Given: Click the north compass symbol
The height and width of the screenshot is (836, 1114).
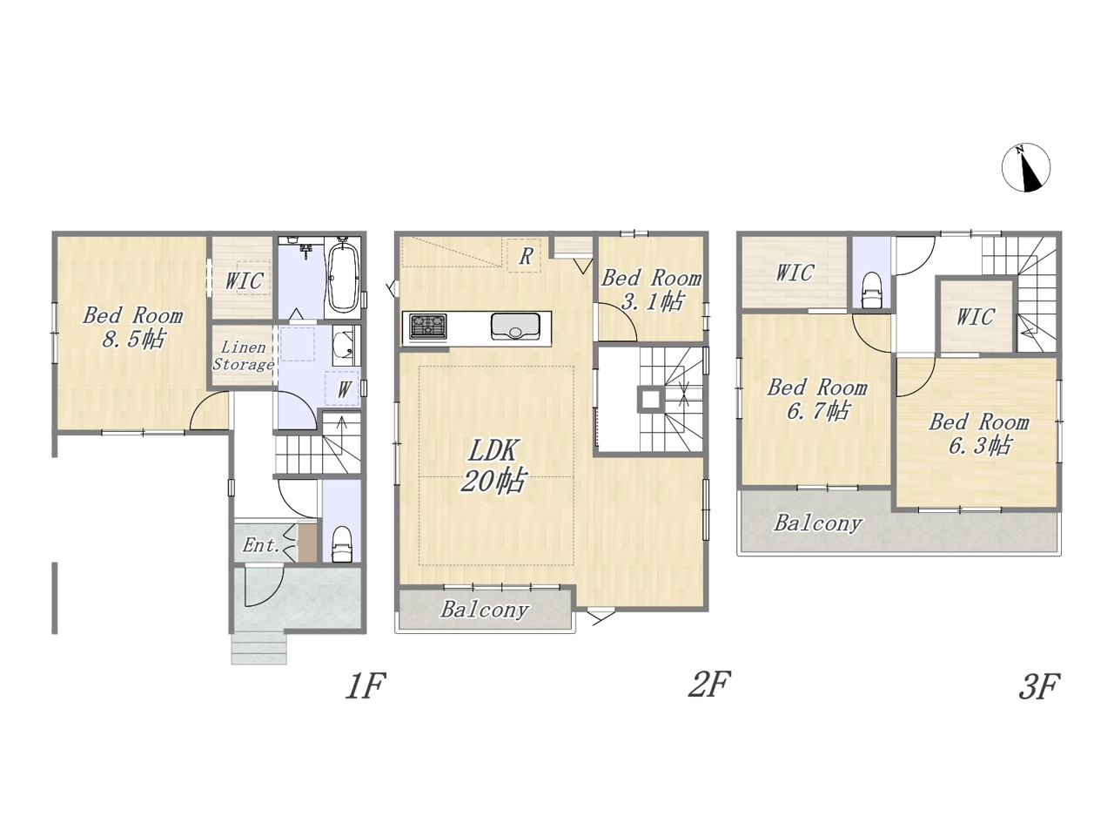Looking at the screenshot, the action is pyautogui.click(x=1026, y=167).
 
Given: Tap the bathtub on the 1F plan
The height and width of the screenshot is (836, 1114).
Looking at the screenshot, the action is pyautogui.click(x=345, y=276).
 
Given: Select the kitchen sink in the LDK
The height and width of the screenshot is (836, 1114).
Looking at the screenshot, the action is pyautogui.click(x=514, y=327).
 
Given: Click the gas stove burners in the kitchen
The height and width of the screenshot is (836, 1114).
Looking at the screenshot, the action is pyautogui.click(x=428, y=327).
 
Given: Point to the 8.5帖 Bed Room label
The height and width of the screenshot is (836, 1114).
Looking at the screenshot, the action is pyautogui.click(x=132, y=327).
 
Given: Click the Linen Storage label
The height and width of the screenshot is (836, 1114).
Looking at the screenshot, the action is pyautogui.click(x=243, y=356).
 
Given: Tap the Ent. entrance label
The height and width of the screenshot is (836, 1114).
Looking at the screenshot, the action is pyautogui.click(x=261, y=546).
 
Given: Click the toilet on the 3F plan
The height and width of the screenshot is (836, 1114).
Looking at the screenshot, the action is pyautogui.click(x=872, y=290).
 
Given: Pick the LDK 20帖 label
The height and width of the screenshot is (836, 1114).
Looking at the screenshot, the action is pyautogui.click(x=493, y=465).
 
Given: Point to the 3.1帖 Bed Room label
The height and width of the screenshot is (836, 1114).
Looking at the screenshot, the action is pyautogui.click(x=652, y=290).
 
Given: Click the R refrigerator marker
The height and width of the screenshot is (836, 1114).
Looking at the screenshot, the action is pyautogui.click(x=526, y=256).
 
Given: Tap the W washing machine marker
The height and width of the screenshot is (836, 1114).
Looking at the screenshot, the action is pyautogui.click(x=344, y=389).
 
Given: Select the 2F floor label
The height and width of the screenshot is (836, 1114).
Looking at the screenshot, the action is pyautogui.click(x=708, y=684).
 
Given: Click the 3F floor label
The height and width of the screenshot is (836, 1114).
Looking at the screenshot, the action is pyautogui.click(x=1038, y=686).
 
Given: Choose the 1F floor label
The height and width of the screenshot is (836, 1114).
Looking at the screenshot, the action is pyautogui.click(x=366, y=685).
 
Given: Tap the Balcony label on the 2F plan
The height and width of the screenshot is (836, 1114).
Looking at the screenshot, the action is pyautogui.click(x=485, y=610).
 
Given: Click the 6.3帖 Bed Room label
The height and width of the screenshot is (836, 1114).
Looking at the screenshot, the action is pyautogui.click(x=979, y=434).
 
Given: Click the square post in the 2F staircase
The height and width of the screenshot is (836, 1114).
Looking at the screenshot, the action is pyautogui.click(x=651, y=400).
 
